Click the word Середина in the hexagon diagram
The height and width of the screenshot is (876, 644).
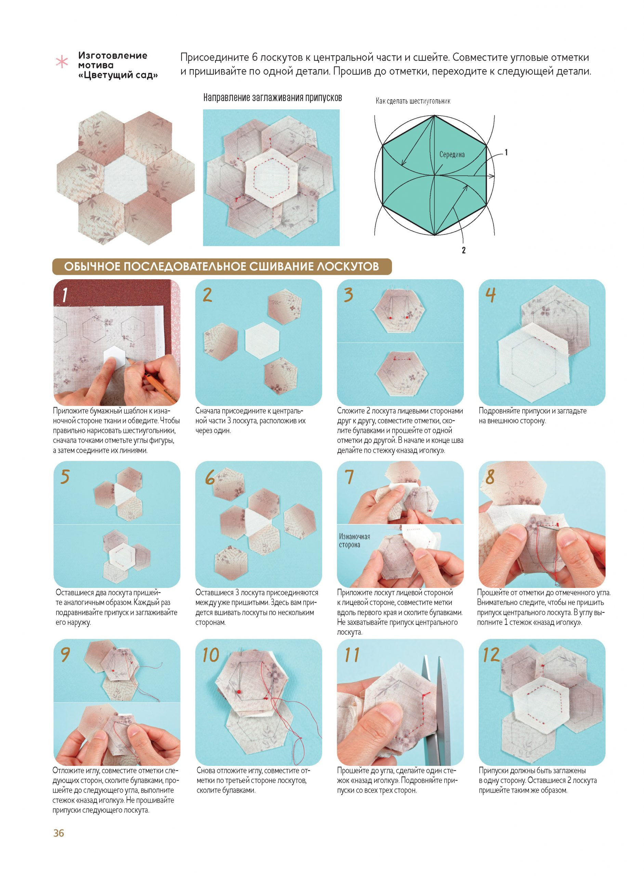pyautogui.click(x=452, y=154)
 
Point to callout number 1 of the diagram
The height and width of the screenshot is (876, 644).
pyautogui.click(x=506, y=153)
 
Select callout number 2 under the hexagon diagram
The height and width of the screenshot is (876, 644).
pyautogui.click(x=463, y=250)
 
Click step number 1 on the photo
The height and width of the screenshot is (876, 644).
pyautogui.click(x=65, y=295)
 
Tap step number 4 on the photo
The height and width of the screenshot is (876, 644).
pyautogui.click(x=490, y=295)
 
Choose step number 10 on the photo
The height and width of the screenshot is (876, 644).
pyautogui.click(x=211, y=655)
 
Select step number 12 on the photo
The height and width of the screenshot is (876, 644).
pyautogui.click(x=491, y=655)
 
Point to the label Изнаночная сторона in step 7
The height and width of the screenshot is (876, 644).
pyautogui.click(x=354, y=541)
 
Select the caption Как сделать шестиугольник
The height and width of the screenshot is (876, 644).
pyautogui.click(x=413, y=101)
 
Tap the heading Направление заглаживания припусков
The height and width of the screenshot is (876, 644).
pyautogui.click(x=273, y=98)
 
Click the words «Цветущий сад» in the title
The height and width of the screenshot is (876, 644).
pyautogui.click(x=118, y=75)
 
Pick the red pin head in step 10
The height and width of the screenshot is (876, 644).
pyautogui.click(x=238, y=691)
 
